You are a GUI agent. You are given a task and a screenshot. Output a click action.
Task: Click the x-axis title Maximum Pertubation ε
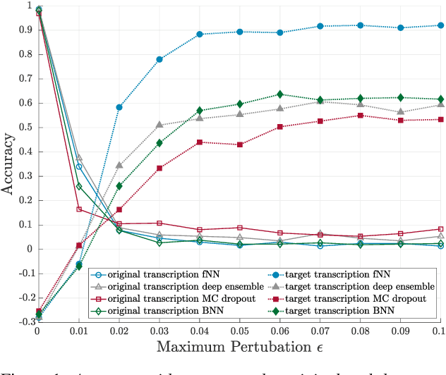[239, 346]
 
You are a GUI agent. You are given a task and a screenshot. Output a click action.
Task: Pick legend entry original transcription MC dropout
[166, 298]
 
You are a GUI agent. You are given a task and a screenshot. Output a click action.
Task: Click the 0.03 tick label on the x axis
[159, 331]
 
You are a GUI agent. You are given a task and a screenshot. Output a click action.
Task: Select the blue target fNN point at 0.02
[119, 107]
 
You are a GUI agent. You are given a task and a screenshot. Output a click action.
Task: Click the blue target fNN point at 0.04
[200, 34]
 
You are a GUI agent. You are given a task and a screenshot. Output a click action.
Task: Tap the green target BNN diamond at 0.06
[280, 94]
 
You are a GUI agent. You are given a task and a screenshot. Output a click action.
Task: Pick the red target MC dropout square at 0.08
[361, 116]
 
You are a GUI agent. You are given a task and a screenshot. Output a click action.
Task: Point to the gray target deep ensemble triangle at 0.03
[159, 125]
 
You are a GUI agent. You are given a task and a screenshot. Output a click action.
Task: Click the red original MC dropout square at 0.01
[79, 209]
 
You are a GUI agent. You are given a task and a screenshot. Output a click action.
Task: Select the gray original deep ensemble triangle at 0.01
[79, 157]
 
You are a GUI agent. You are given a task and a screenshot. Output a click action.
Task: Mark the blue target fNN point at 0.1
[441, 25]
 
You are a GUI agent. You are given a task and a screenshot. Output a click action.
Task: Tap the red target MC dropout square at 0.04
[200, 142]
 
